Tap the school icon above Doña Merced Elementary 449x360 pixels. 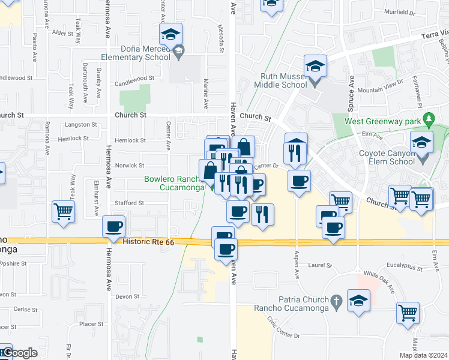click(x=171, y=34)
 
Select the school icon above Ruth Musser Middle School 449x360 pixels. click(x=315, y=65)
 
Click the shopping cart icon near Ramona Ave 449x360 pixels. click(x=63, y=211)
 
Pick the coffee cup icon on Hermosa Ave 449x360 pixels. click(x=113, y=227)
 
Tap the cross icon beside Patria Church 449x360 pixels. click(x=337, y=300)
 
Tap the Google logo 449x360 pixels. click(x=19, y=353)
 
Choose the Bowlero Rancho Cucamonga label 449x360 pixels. click(x=174, y=182)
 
